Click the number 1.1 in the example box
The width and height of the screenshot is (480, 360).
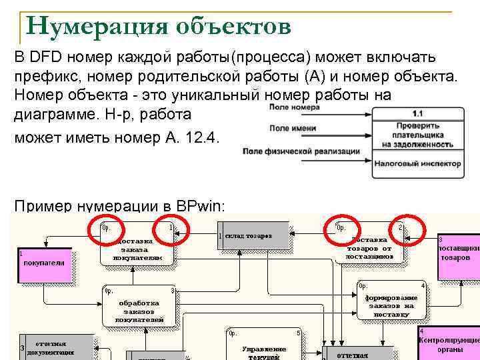pos(418,113)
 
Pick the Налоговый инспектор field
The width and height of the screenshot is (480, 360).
pos(418,162)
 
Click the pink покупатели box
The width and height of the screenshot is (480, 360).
pos(45,264)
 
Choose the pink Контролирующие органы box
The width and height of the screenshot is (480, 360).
pos(449,342)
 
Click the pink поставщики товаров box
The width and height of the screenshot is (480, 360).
pos(458,253)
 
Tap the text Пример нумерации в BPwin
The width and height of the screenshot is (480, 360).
pos(120,205)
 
